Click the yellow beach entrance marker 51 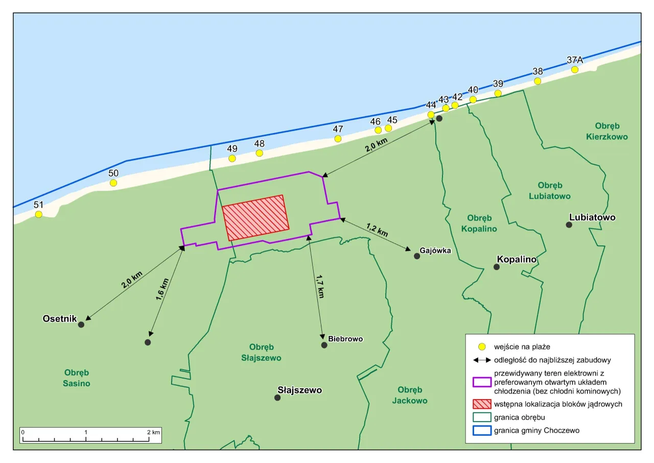coord(38,214)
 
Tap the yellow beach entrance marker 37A coord(575,70)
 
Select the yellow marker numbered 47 coord(338,139)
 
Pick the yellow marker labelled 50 coord(113,183)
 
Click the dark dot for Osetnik coord(81,324)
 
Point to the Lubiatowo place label coord(592,217)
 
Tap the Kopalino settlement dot coord(496,267)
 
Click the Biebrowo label coord(345,339)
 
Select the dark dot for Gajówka coord(417,255)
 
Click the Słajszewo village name coord(299,390)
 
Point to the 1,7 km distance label coord(320,286)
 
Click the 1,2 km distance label coord(377,229)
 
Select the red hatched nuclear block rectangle coord(255,217)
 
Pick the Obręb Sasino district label coord(77,378)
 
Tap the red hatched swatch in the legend coord(482,404)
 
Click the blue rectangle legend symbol coord(482,430)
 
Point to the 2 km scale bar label coord(153,432)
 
